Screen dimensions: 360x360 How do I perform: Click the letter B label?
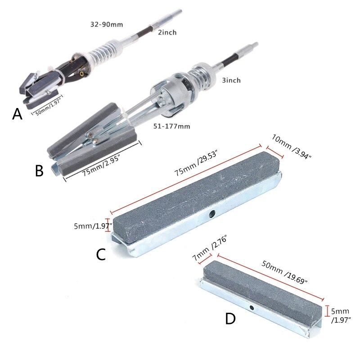pyautogui.click(x=39, y=171)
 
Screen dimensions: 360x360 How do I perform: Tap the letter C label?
pyautogui.click(x=101, y=255)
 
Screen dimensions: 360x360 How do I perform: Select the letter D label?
pyautogui.click(x=230, y=319)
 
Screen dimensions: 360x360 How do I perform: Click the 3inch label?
pyautogui.click(x=231, y=81)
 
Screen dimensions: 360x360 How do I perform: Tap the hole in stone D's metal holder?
pyautogui.click(x=252, y=308)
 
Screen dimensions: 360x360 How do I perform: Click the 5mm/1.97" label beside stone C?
pyautogui.click(x=92, y=226)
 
